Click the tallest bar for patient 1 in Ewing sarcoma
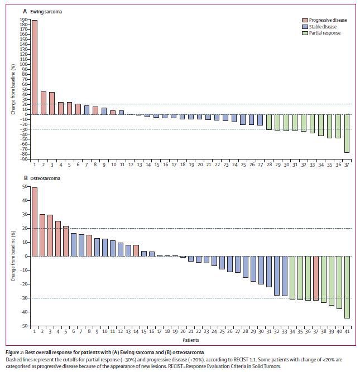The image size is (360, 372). point(35,67)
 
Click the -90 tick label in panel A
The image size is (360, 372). point(22,159)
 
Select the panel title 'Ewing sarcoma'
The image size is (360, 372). point(51,11)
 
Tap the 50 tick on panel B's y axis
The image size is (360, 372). point(24,186)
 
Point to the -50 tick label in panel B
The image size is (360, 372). point(23,326)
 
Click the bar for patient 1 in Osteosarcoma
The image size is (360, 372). point(35,221)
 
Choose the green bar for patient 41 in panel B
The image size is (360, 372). point(347,287)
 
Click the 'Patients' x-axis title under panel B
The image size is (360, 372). point(190,340)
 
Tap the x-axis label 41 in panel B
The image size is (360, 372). point(347,332)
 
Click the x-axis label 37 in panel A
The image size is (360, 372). point(347,165)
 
